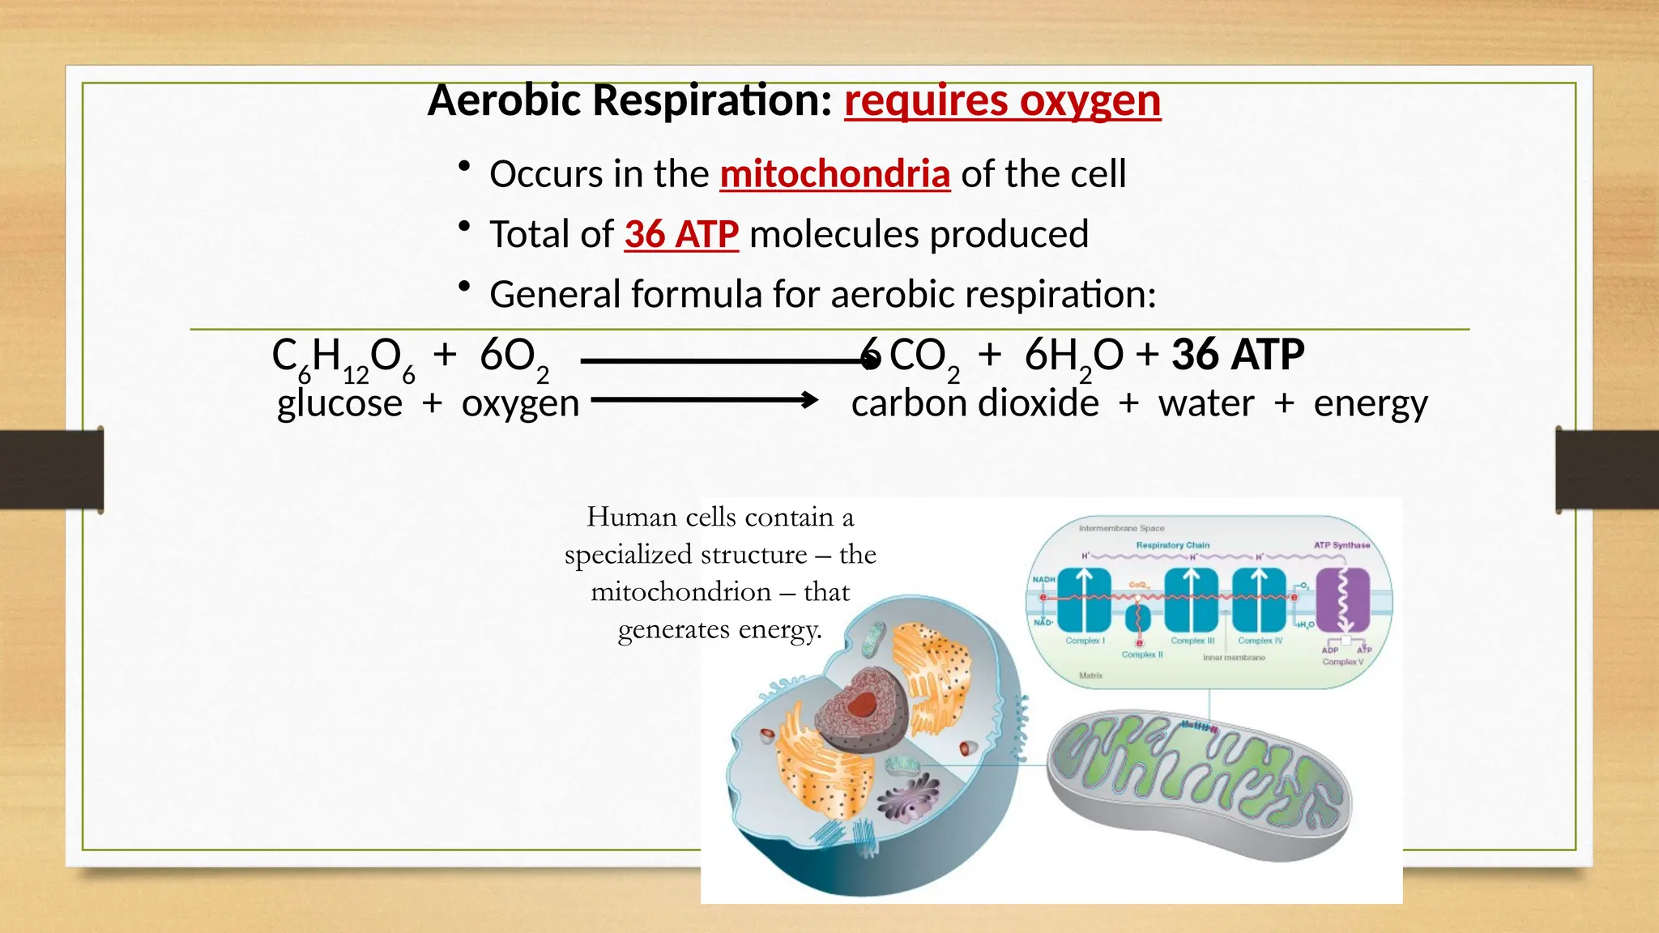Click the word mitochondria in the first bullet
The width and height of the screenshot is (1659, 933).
coord(834,174)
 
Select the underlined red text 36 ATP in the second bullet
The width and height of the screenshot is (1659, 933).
coord(681,235)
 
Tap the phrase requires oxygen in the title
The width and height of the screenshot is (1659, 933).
coord(1002,101)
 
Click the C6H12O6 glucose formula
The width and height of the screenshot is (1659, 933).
coord(343,357)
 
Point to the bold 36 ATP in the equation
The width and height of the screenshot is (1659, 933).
coord(1238,356)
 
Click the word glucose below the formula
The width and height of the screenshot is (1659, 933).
coord(339,403)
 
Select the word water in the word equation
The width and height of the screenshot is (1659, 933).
coord(1206,403)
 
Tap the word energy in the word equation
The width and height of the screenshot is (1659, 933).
coord(1370,403)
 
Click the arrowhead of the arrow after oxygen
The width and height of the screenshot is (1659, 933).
coord(809,400)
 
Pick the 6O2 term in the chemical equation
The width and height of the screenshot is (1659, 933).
coord(514,357)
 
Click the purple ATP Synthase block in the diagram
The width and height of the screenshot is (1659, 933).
coord(1342,600)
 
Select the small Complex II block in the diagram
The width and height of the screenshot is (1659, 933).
coord(1138,618)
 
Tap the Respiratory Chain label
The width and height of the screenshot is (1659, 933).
coord(1172,545)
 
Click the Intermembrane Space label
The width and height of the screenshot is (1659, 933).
coord(1121,528)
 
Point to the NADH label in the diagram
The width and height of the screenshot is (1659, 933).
coord(1043,579)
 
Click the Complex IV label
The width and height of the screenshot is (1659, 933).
coord(1260,641)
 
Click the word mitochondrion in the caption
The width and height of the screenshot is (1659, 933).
coord(680,592)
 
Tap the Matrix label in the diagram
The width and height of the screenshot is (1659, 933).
coord(1090,675)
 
